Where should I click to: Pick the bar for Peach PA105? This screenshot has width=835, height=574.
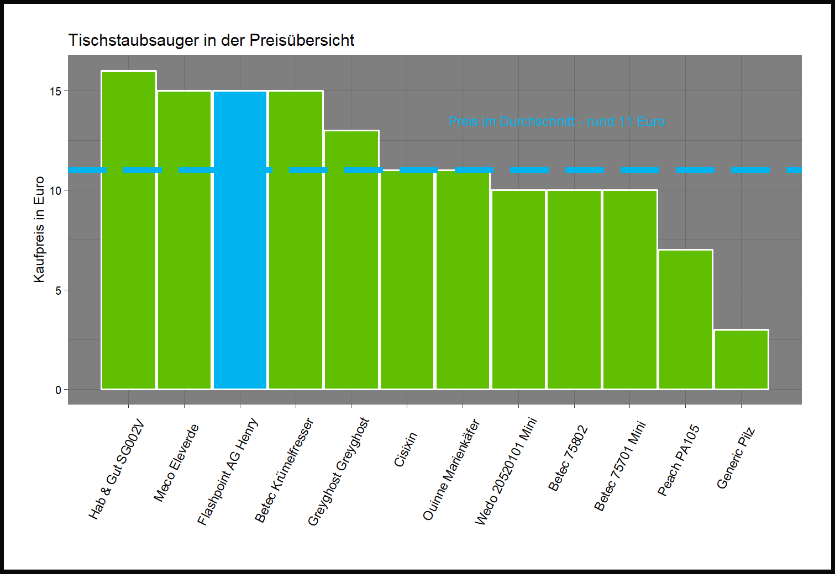685,320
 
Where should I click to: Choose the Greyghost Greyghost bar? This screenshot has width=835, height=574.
351,260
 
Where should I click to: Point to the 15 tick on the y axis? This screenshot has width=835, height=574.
55,91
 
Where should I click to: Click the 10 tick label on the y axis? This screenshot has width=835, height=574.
55,190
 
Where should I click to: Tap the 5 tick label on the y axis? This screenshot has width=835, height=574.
58,290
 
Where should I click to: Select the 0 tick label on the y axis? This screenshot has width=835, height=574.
58,390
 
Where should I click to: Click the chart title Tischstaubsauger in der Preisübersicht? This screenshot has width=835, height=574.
211,40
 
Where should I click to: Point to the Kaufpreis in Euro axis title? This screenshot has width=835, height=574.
39,230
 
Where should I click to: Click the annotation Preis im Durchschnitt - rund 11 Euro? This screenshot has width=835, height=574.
556,121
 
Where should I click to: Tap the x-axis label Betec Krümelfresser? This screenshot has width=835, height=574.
284,470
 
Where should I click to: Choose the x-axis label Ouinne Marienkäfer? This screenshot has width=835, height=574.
451,470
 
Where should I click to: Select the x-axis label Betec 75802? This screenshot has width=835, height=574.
568,459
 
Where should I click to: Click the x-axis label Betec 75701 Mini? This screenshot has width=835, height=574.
619,466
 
